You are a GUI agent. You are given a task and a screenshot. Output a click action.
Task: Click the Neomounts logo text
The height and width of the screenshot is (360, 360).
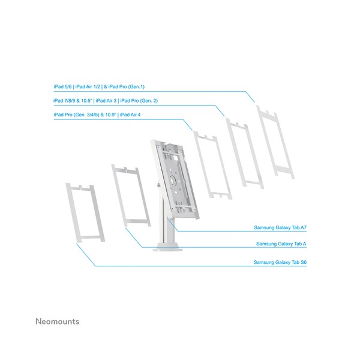(x=57, y=322)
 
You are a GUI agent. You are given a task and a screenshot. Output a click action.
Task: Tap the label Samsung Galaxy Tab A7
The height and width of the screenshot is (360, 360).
(x=280, y=229)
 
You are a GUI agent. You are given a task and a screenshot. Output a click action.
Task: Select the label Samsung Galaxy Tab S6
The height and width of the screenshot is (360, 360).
(x=280, y=262)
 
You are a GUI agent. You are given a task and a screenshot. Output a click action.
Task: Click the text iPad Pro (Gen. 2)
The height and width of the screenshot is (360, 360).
(x=140, y=100)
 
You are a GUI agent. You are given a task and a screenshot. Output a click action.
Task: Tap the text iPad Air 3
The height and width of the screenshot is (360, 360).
(x=106, y=100)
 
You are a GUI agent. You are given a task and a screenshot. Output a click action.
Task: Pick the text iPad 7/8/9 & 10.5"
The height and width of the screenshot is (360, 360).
(x=73, y=100)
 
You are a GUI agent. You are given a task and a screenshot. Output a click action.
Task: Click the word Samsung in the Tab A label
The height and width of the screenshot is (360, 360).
(x=266, y=244)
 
